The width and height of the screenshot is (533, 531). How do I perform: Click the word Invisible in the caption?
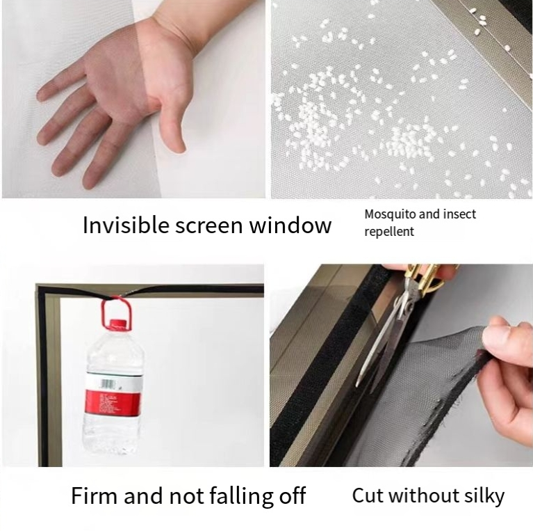pyautogui.click(x=126, y=225)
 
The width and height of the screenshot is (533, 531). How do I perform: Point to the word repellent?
pyautogui.click(x=389, y=232)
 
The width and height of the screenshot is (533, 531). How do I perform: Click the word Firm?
pyautogui.click(x=94, y=496)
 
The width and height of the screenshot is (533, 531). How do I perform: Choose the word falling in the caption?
pyautogui.click(x=240, y=496)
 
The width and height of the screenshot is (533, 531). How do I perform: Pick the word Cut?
pyautogui.click(x=367, y=496)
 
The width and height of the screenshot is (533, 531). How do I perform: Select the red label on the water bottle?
pyautogui.click(x=112, y=403)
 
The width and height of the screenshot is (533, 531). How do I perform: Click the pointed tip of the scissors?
pyautogui.click(x=357, y=386)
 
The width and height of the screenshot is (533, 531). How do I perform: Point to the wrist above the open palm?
pyautogui.click(x=174, y=33)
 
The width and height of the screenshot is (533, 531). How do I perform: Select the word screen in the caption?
pyautogui.click(x=209, y=225)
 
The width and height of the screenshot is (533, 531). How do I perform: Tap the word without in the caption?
pyautogui.click(x=423, y=496)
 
